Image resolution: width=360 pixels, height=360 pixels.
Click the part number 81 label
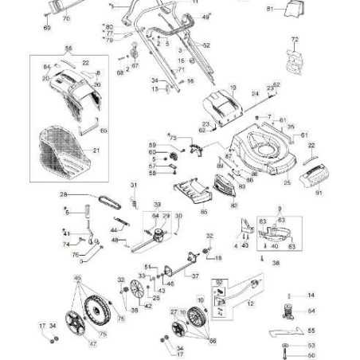click(269, 9)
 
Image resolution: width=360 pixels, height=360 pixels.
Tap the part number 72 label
click(295, 38)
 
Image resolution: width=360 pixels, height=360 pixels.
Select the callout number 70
click(65, 18)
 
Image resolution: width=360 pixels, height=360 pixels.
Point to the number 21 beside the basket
click(96, 150)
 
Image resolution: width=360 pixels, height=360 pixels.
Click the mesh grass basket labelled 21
click(64, 151)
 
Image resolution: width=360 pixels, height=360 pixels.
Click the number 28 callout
click(63, 194)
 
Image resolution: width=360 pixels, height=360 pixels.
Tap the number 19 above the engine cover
click(233, 85)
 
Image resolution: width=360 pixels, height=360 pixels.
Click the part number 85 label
click(203, 212)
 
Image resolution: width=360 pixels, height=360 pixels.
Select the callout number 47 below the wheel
click(92, 343)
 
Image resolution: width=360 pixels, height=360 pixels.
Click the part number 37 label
click(196, 276)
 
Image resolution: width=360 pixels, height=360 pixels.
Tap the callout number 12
click(251, 304)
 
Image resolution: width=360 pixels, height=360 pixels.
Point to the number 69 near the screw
click(47, 27)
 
